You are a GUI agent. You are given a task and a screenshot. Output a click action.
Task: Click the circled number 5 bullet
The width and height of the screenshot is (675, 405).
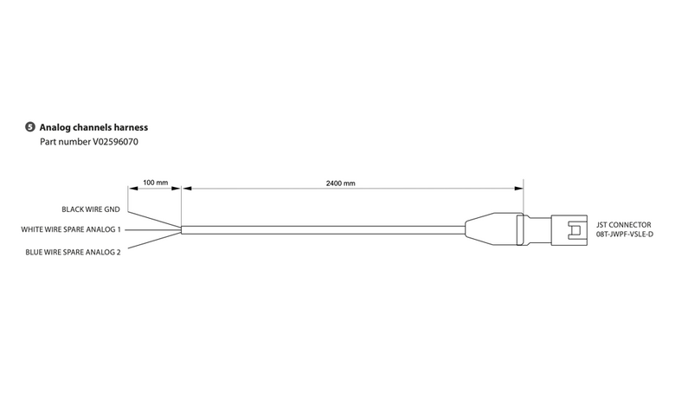click(x=29, y=127)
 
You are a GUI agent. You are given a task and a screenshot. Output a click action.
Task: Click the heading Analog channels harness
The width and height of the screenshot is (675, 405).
click(x=93, y=127)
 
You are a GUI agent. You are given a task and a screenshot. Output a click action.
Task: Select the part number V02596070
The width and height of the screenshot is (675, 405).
click(x=115, y=142)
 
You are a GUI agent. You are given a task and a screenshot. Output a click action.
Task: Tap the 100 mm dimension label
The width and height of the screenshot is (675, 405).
click(x=156, y=183)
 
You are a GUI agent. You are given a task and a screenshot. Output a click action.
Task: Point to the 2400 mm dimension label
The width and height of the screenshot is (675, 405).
click(x=340, y=183)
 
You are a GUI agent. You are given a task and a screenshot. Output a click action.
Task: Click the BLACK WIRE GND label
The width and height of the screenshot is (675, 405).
click(x=91, y=209)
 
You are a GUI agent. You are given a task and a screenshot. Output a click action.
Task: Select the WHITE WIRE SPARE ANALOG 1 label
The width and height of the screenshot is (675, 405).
click(x=71, y=229)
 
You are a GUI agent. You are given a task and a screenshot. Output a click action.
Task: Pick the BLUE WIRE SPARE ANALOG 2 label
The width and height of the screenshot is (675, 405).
click(x=74, y=252)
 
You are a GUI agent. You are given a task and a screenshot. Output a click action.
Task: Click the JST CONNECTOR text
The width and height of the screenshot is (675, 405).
click(x=624, y=225)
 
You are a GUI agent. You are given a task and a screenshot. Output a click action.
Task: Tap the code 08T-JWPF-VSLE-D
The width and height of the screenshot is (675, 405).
click(x=625, y=235)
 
